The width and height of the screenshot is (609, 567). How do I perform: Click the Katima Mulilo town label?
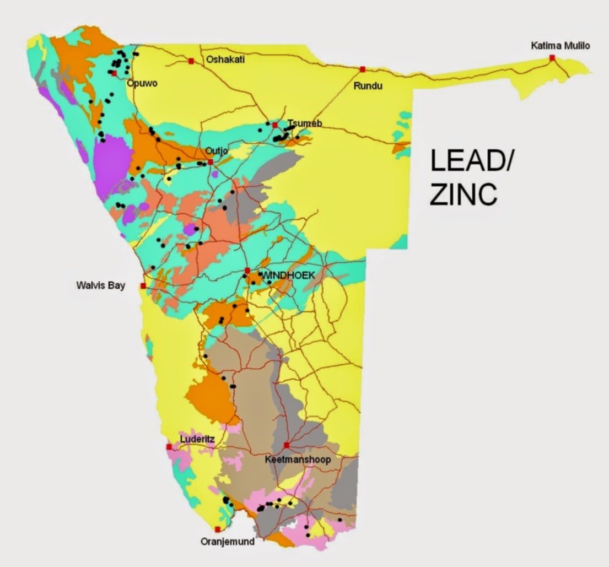(x=560, y=46)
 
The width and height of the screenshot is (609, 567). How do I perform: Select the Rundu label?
(x=368, y=86)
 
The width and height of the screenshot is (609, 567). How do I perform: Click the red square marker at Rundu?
(x=363, y=69)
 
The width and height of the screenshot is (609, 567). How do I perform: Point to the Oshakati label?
(x=224, y=60)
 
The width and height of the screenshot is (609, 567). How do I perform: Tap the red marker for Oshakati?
(x=191, y=61)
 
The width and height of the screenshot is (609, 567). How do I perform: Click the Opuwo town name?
(x=142, y=83)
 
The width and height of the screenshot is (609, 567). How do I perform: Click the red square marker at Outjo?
(x=211, y=162)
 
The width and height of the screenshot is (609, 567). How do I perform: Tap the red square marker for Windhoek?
(x=247, y=271)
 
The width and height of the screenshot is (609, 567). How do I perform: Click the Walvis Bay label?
(x=101, y=285)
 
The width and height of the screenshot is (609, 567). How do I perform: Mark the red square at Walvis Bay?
(x=143, y=286)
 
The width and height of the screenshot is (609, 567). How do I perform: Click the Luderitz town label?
(x=196, y=439)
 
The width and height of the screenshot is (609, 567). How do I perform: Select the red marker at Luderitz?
(x=169, y=447)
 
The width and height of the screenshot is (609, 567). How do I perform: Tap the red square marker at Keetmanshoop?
(x=287, y=445)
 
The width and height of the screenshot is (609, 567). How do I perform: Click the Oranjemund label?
(x=228, y=542)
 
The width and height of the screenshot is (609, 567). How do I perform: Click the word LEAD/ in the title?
(x=471, y=164)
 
